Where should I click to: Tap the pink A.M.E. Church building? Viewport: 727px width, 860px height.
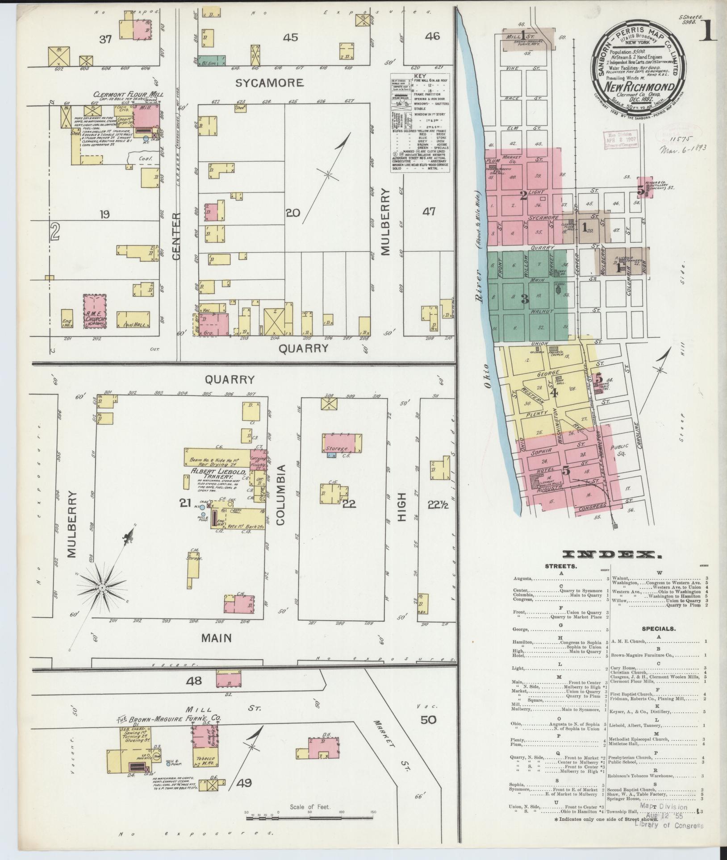[x=95, y=311]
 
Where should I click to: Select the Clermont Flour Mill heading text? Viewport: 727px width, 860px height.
[x=128, y=94]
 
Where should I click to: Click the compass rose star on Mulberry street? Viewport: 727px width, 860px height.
[x=102, y=588]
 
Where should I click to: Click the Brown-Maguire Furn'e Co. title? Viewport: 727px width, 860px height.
[x=170, y=719]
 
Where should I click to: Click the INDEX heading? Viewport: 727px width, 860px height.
[x=612, y=555]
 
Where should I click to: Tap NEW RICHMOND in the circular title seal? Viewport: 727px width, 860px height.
[x=640, y=87]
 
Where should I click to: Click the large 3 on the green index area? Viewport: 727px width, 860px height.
[x=525, y=299]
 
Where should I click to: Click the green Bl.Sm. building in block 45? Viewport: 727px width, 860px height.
[x=212, y=59]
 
